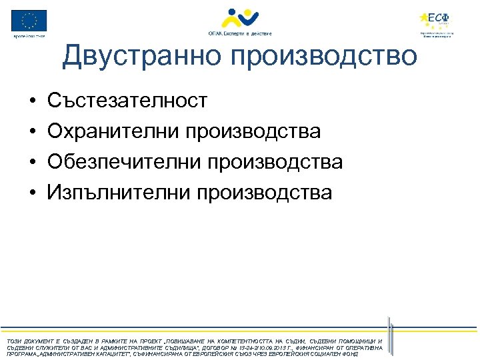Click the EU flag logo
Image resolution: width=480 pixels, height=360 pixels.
pyautogui.click(x=29, y=21)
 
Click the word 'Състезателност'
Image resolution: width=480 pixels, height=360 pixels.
pyautogui.click(x=127, y=101)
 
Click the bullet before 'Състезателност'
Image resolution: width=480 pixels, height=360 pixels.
pyautogui.click(x=32, y=101)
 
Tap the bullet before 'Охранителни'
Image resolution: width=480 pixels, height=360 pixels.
pyautogui.click(x=32, y=132)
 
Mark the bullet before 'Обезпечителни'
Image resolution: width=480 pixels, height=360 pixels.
pyautogui.click(x=32, y=163)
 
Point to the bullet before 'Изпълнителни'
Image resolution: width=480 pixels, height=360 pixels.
pyautogui.click(x=32, y=193)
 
